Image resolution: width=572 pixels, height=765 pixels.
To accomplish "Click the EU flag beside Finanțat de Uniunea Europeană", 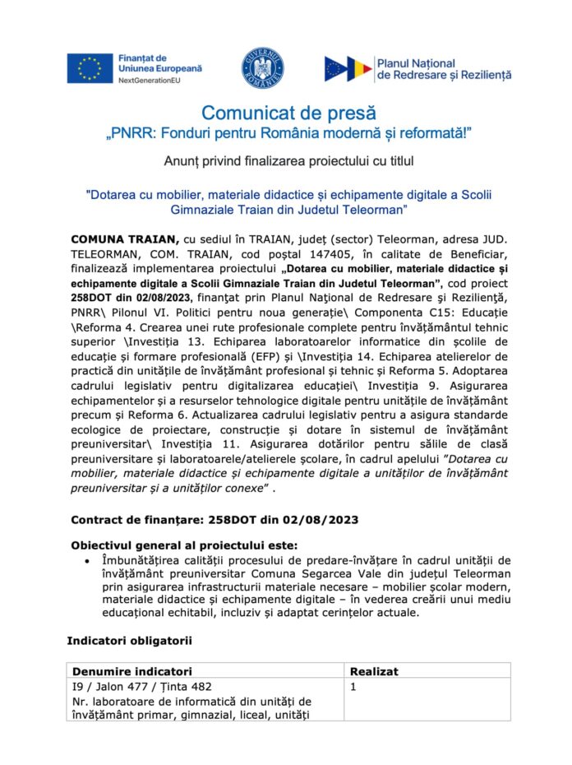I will point(90,67).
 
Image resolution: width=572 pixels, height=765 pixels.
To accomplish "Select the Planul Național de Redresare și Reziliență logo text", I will point(443,68).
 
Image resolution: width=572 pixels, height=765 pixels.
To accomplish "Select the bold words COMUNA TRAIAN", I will point(124,238).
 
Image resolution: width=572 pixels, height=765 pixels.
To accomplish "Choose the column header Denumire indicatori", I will point(132,671).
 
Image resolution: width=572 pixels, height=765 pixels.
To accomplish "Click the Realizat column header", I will point(374,671).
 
